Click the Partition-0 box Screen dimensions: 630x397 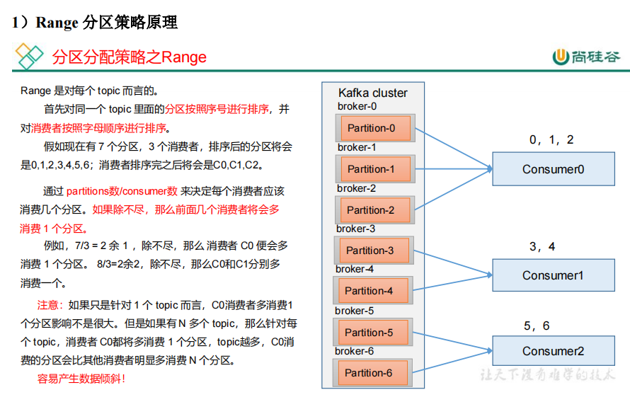click(x=375, y=128)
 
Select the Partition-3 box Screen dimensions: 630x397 click(x=374, y=251)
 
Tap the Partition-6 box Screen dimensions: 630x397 click(x=372, y=373)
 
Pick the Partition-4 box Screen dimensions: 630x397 click(x=373, y=291)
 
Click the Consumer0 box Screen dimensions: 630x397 click(x=554, y=168)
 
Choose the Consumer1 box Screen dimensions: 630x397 click(x=554, y=275)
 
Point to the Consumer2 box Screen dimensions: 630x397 click(x=554, y=351)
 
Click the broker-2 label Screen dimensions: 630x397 click(x=356, y=188)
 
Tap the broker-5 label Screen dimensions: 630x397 click(x=355, y=311)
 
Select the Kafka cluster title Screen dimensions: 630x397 click(x=373, y=93)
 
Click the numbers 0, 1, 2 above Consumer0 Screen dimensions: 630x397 click(x=551, y=140)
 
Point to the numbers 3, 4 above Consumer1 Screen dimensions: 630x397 click(x=542, y=246)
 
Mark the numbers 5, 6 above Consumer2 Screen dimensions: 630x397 click(x=537, y=326)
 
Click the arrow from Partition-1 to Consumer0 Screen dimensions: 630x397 click(x=454, y=168)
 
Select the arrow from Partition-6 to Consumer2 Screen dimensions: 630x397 click(x=452, y=361)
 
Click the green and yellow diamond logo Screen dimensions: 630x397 click(x=29, y=56)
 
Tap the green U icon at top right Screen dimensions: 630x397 click(x=561, y=57)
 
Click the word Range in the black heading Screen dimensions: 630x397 click(x=57, y=23)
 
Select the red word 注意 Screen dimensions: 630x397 click(x=48, y=306)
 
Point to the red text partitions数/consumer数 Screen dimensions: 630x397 click(x=122, y=191)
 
